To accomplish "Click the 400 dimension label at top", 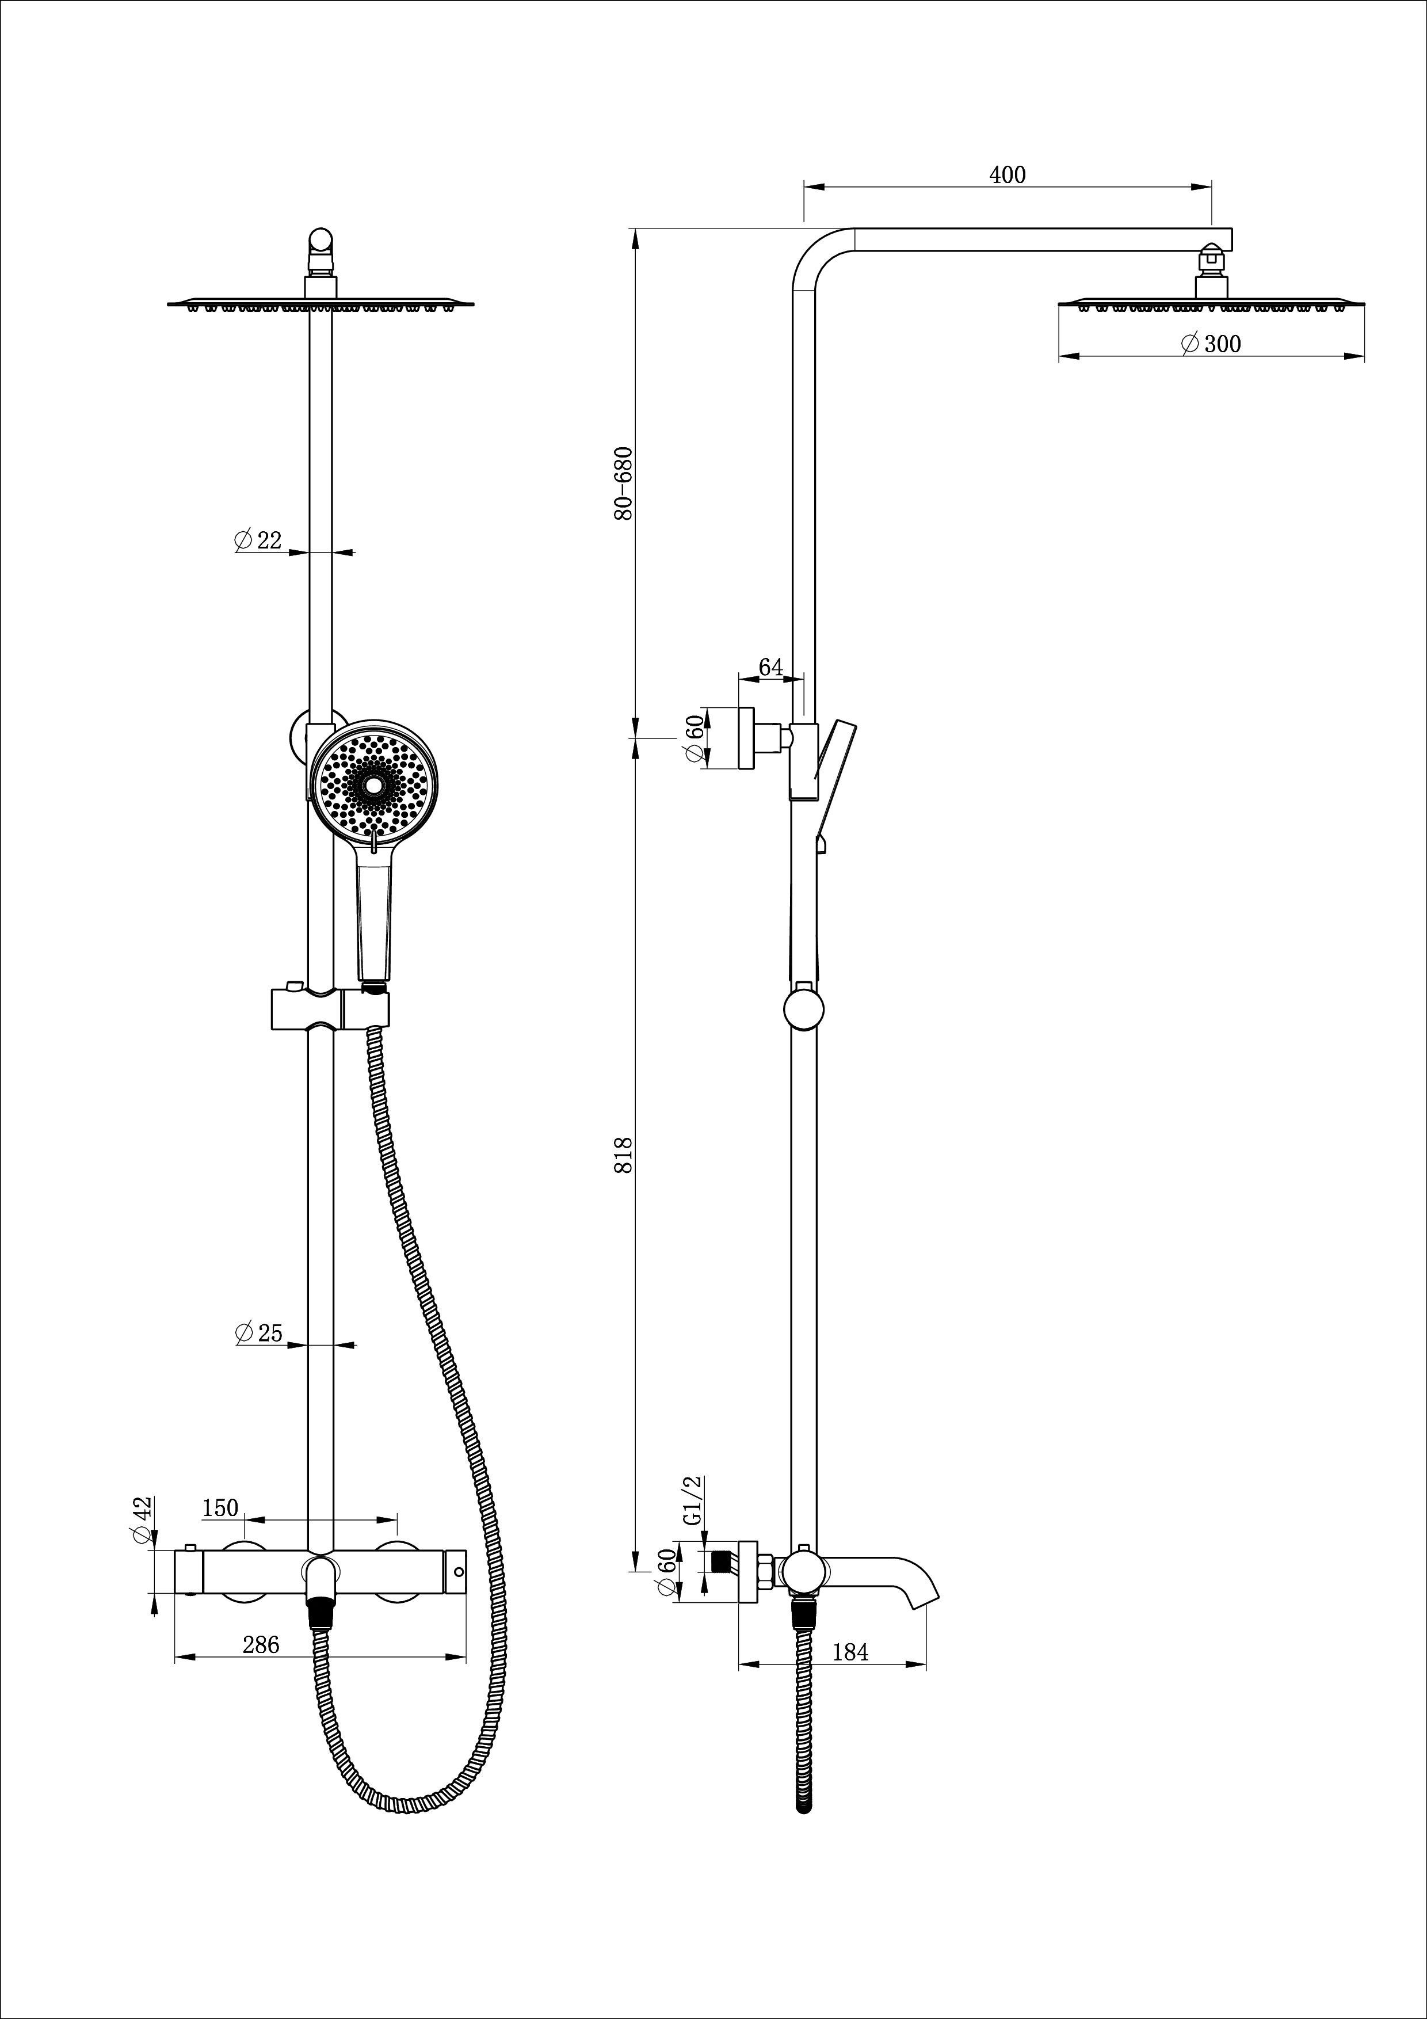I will point(1007,175).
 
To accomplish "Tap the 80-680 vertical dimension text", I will point(623,483).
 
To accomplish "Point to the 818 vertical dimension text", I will point(623,1155).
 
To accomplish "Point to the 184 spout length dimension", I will point(849,1652).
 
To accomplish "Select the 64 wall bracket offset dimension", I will point(770,668).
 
